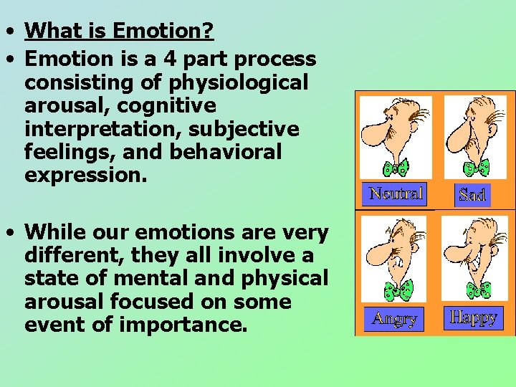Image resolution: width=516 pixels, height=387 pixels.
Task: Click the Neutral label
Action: [396, 193]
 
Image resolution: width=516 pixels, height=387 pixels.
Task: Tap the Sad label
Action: [472, 194]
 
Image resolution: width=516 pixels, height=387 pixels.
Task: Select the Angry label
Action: [393, 318]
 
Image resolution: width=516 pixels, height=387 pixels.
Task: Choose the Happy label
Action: [473, 317]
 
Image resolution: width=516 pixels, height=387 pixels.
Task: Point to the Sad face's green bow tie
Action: [477, 167]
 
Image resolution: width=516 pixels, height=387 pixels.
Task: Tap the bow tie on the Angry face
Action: [398, 290]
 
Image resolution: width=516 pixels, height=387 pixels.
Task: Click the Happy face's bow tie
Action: [478, 290]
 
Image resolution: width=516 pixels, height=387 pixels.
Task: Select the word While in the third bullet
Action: [59, 232]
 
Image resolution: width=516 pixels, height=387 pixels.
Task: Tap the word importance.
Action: [183, 325]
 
